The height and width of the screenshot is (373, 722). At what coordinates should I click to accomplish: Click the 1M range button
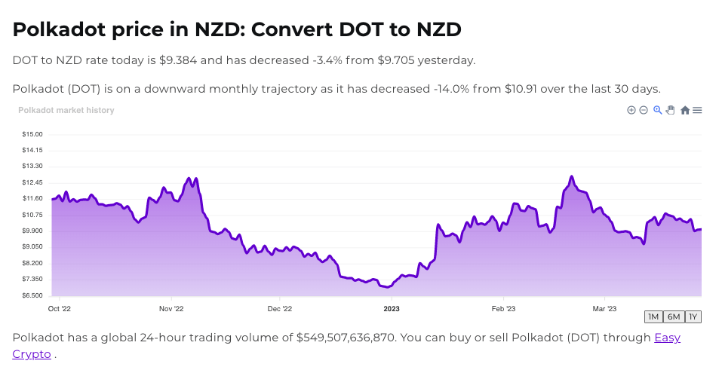[x=653, y=316]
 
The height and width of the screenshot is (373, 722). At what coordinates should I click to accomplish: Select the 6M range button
[x=674, y=316]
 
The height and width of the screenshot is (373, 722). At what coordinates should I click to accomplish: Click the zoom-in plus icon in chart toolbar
[x=631, y=110]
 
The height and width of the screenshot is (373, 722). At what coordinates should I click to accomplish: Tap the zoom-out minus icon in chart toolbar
[x=644, y=110]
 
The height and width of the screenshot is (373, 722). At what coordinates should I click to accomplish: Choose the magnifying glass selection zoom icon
[x=658, y=110]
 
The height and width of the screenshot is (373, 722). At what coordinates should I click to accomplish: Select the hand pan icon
[x=670, y=110]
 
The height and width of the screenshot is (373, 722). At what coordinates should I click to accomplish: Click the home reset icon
[x=685, y=110]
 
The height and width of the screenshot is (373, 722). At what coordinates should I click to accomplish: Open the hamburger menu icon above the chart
[x=698, y=110]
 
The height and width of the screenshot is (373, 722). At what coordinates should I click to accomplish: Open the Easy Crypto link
[x=667, y=338]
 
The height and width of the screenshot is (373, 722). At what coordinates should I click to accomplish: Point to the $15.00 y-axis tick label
[x=32, y=134]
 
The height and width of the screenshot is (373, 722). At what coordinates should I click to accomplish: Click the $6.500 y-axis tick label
[x=32, y=295]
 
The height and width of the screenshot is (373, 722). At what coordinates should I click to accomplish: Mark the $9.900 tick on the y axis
[x=32, y=231]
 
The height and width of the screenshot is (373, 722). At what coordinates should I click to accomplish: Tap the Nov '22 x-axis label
[x=171, y=308]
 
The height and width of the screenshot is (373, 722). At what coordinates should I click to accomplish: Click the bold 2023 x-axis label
[x=391, y=308]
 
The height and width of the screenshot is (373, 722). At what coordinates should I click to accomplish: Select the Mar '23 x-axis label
[x=604, y=308]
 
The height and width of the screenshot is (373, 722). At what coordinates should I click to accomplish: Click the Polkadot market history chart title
[x=66, y=110]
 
